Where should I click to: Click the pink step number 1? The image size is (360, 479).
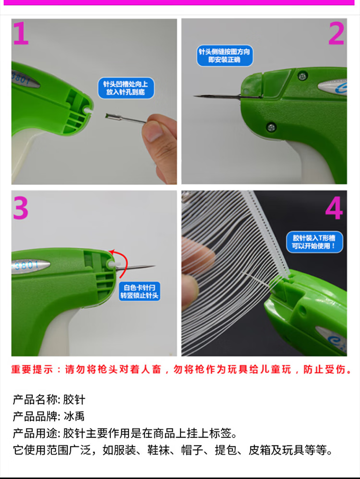(21, 33)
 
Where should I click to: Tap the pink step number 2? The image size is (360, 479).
(336, 33)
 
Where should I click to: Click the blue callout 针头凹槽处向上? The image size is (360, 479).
(126, 88)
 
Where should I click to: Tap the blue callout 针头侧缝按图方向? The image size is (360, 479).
(225, 56)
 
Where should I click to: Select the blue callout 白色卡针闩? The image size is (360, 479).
(139, 292)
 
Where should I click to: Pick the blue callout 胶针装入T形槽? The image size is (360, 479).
(314, 242)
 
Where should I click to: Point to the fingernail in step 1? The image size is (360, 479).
(152, 131)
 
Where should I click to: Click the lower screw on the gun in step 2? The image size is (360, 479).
(271, 126)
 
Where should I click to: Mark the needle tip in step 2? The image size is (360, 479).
(194, 96)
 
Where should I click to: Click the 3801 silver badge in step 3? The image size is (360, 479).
(31, 265)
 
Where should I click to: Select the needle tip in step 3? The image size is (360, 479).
(155, 266)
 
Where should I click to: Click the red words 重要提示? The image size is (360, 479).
(32, 369)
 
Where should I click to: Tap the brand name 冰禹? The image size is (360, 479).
(74, 417)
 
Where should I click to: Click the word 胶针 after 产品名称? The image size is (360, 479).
(74, 400)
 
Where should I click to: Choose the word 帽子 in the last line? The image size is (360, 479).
(192, 450)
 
